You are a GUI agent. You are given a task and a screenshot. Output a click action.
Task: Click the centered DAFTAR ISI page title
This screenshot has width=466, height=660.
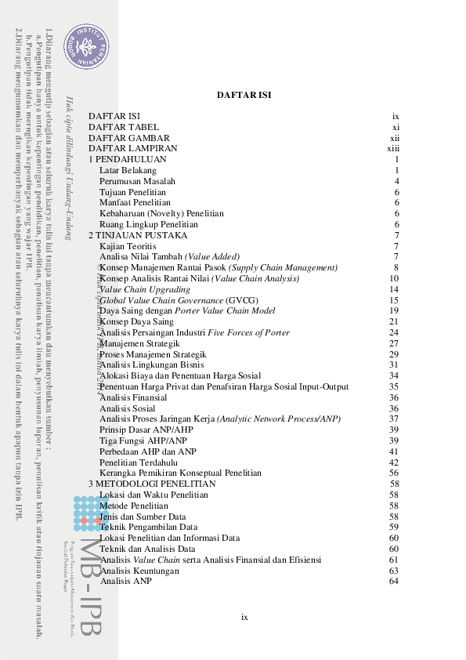pos(244,95)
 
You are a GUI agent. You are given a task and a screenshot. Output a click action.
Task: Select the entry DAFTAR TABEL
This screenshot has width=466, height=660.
pos(124,126)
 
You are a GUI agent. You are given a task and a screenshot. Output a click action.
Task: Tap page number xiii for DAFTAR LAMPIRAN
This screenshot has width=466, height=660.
pos(393,148)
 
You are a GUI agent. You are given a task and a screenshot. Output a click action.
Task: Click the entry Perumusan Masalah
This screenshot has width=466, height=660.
pos(138,181)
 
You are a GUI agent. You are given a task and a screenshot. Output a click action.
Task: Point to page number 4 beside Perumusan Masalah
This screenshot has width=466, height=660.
pos(397,181)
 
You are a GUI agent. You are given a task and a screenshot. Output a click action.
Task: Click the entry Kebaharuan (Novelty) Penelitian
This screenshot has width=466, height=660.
pos(161,213)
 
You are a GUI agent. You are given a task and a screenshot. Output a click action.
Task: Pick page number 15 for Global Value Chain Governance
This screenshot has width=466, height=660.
pos(395,300)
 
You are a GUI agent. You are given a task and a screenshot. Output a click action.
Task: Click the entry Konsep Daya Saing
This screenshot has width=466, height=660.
pos(136,321)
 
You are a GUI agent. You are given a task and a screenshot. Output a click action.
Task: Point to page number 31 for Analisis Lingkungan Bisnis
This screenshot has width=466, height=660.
pos(395,364)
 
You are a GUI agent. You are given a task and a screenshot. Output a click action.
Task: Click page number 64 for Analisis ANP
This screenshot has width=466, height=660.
pos(394,581)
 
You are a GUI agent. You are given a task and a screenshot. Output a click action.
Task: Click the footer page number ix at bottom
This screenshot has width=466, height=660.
pos(244,618)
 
